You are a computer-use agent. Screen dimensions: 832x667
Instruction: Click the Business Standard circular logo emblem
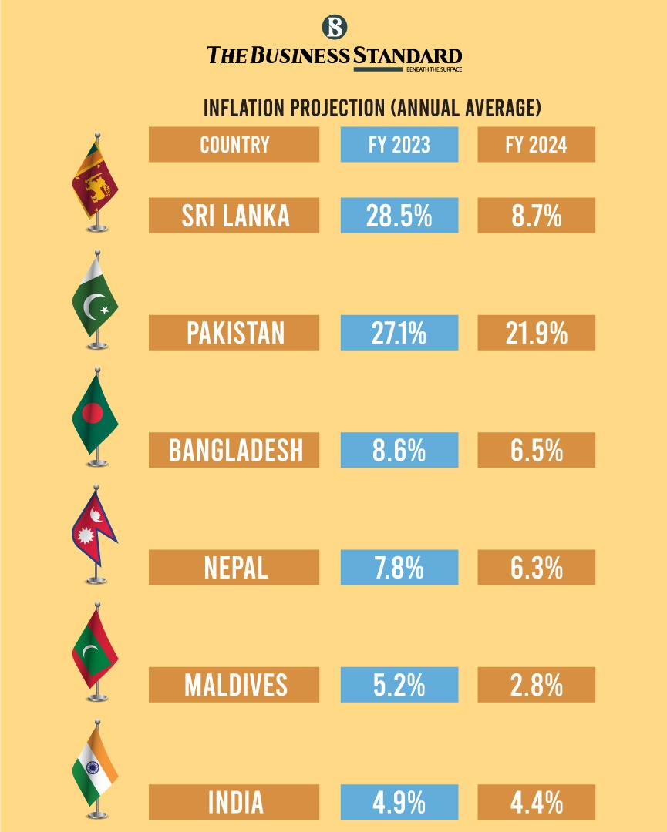coord(334,27)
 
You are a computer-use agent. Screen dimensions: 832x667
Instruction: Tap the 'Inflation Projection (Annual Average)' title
coord(372,108)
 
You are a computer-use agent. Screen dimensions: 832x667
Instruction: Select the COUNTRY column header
coord(234,145)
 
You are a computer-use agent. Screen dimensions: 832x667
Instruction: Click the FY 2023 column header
coord(399,145)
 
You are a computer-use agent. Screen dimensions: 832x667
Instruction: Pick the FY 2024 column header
coord(536,145)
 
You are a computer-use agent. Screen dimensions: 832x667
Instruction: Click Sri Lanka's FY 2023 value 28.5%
coord(399,216)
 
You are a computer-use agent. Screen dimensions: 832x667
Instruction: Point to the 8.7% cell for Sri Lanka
coord(536,216)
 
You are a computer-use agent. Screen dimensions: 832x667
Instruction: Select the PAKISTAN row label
coord(234,333)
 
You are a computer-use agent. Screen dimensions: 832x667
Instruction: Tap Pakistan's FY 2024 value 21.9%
coord(536,333)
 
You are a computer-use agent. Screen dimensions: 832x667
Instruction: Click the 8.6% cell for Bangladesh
coord(399,450)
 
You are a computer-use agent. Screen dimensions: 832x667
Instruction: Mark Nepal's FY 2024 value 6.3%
coord(536,568)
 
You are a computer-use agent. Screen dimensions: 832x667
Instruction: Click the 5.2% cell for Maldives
coord(399,685)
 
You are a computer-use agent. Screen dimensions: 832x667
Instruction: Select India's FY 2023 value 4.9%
coord(399,803)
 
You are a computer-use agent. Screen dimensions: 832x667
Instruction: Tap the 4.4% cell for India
coord(536,803)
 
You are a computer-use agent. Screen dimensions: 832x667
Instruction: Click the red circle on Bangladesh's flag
coord(92,414)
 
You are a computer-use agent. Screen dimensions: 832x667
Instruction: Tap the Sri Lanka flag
coord(94,179)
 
